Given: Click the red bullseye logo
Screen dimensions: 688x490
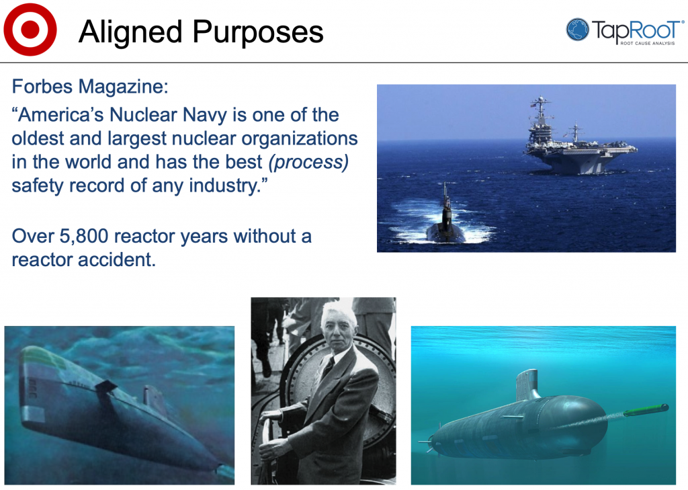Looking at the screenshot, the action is click(30, 30).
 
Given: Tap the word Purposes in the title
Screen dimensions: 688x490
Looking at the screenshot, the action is click(258, 32).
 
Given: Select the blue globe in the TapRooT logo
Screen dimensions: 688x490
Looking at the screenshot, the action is click(577, 30).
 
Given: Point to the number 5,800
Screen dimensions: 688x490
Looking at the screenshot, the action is click(84, 237).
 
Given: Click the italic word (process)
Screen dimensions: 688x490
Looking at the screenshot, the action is click(309, 162).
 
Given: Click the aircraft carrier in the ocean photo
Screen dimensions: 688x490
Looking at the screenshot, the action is click(579, 145).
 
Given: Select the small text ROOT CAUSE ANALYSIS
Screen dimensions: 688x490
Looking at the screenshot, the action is click(647, 43).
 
